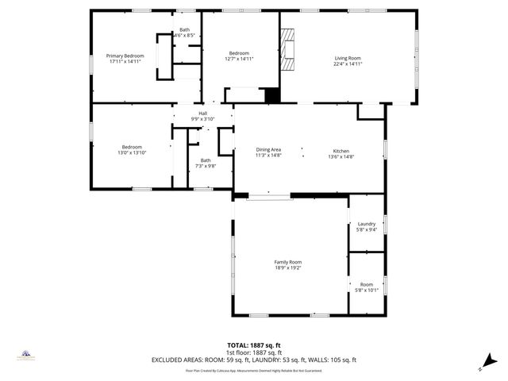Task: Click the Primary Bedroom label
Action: point(125,56)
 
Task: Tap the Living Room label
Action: point(348,58)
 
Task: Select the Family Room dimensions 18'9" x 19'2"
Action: point(287,268)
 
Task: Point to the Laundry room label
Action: point(367,224)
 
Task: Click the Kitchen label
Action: point(341,151)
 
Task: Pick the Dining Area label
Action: point(268,150)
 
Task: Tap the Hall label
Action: point(202,113)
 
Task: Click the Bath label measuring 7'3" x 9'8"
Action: point(206,160)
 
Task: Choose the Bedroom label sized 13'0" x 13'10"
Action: point(132,147)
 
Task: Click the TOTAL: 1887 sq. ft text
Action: point(254,345)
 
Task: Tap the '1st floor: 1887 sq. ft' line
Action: point(254,352)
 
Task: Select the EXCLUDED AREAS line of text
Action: point(254,360)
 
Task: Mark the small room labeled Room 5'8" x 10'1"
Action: point(366,284)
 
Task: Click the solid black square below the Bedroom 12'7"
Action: point(272,94)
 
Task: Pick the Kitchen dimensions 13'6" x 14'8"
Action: point(341,157)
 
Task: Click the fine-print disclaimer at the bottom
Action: point(254,370)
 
